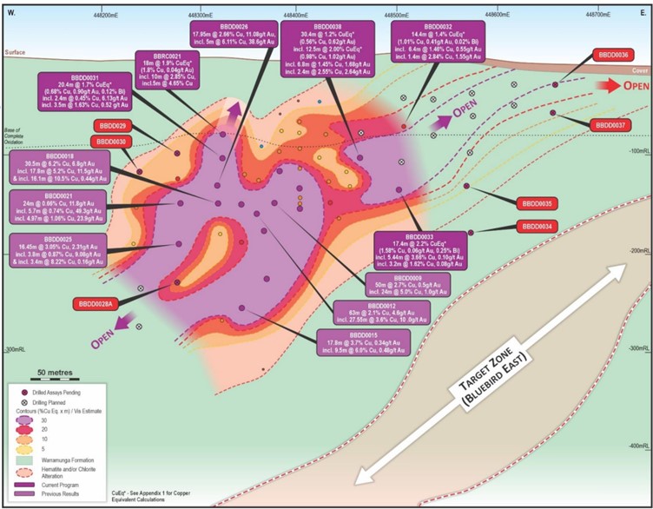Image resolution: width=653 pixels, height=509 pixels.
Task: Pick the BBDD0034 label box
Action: tap(540, 227)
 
